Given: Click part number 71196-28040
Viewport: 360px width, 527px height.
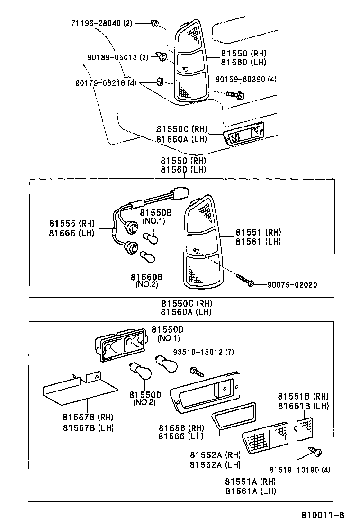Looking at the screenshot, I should pyautogui.click(x=97, y=23).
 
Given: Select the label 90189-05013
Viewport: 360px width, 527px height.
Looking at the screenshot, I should pyautogui.click(x=112, y=57).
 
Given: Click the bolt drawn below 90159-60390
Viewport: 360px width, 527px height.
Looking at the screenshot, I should pyautogui.click(x=237, y=95).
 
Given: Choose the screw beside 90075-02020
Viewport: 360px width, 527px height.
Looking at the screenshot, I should pyautogui.click(x=245, y=281).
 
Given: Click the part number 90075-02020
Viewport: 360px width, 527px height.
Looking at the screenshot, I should pyautogui.click(x=292, y=285).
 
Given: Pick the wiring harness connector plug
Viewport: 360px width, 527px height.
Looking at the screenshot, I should pyautogui.click(x=180, y=195).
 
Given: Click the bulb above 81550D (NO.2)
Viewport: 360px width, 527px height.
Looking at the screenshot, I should pyautogui.click(x=141, y=372).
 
